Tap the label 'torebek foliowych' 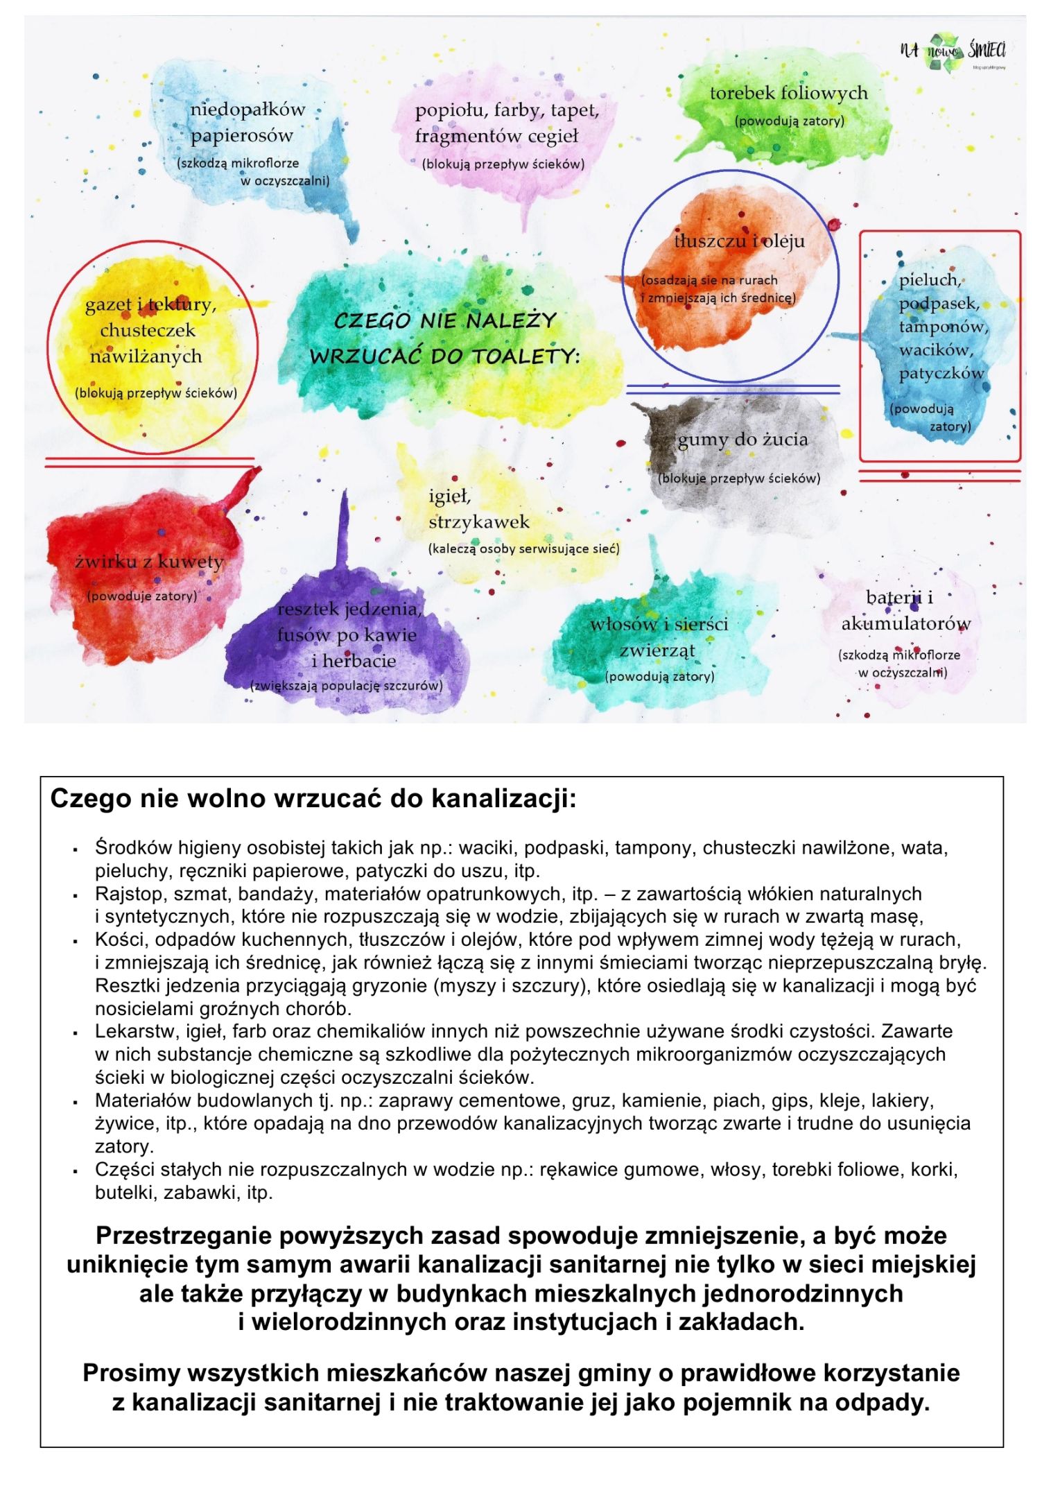pos(788,93)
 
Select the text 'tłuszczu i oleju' pos(739,241)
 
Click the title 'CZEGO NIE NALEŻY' pos(445,321)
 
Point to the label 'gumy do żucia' pos(742,440)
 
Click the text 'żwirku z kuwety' pos(149,562)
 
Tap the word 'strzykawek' pos(478,522)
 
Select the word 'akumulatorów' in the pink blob pos(905,623)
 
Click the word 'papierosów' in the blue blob pos(242,136)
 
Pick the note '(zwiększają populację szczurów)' pos(346,686)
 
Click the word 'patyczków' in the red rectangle pos(941,374)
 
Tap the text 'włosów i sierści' pos(659,625)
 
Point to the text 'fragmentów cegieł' pos(496,137)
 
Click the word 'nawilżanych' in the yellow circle pos(146,357)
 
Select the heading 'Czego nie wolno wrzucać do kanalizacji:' pos(313,798)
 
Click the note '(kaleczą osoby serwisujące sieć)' pos(523,549)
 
